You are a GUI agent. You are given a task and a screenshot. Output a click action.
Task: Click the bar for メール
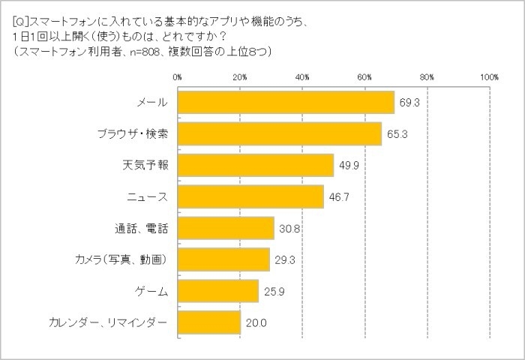[286, 102]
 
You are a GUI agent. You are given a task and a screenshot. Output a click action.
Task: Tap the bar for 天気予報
[256, 165]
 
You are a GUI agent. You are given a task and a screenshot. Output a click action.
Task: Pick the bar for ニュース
[250, 196]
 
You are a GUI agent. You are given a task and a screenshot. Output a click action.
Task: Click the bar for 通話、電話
[226, 228]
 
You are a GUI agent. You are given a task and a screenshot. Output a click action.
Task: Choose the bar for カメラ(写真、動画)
[223, 259]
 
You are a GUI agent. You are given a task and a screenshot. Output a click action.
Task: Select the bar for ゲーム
[218, 291]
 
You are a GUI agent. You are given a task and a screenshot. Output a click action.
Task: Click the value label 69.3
[407, 102]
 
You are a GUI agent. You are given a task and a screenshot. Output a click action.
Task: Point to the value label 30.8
[286, 228]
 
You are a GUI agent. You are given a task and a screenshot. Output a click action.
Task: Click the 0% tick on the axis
[177, 76]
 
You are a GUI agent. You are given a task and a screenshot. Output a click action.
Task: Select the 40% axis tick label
[302, 76]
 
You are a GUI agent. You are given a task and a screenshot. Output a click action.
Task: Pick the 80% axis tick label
[427, 76]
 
